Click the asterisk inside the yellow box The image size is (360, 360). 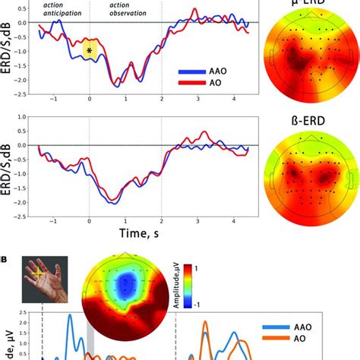pos(90,51)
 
